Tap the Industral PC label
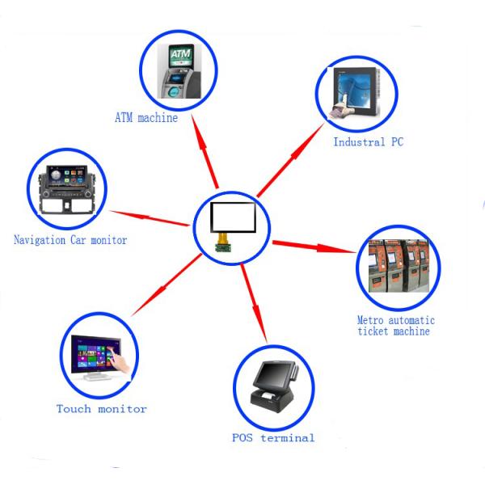(369, 142)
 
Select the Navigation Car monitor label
(70, 239)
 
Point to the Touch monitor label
(102, 408)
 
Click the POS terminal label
(272, 438)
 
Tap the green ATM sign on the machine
(179, 55)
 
